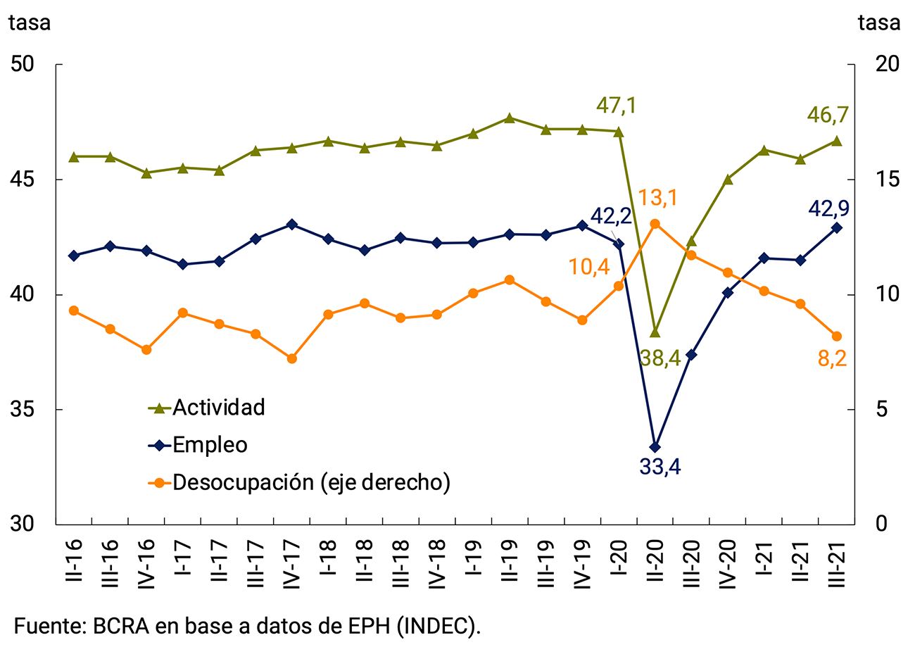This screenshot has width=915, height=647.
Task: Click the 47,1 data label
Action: [x=617, y=106]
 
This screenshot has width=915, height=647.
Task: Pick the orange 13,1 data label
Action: [x=657, y=199]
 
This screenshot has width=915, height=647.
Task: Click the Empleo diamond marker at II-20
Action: [x=655, y=447]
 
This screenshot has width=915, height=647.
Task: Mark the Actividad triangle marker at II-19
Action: [x=510, y=118]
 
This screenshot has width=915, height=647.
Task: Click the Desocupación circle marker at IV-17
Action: [x=292, y=358]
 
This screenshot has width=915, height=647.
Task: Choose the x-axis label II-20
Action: [x=655, y=560]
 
